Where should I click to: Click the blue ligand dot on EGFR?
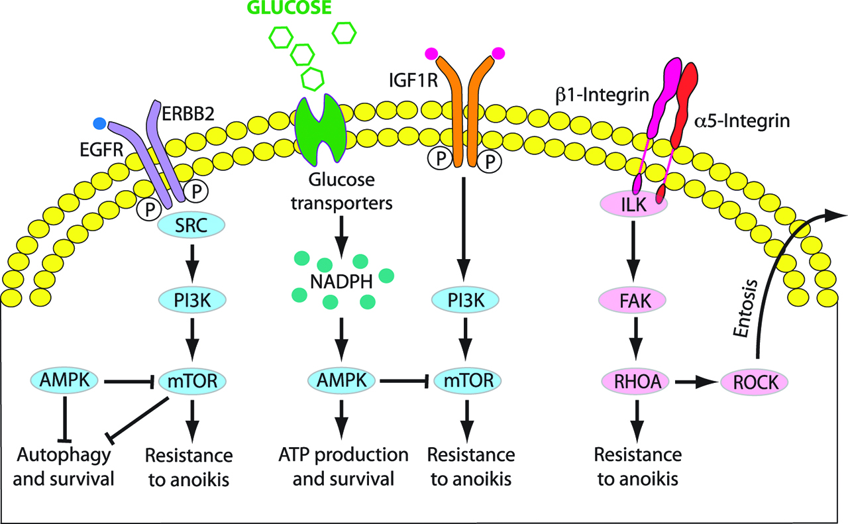pyautogui.click(x=99, y=123)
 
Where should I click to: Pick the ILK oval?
pyautogui.click(x=633, y=205)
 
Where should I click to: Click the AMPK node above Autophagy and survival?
pyautogui.click(x=65, y=380)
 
